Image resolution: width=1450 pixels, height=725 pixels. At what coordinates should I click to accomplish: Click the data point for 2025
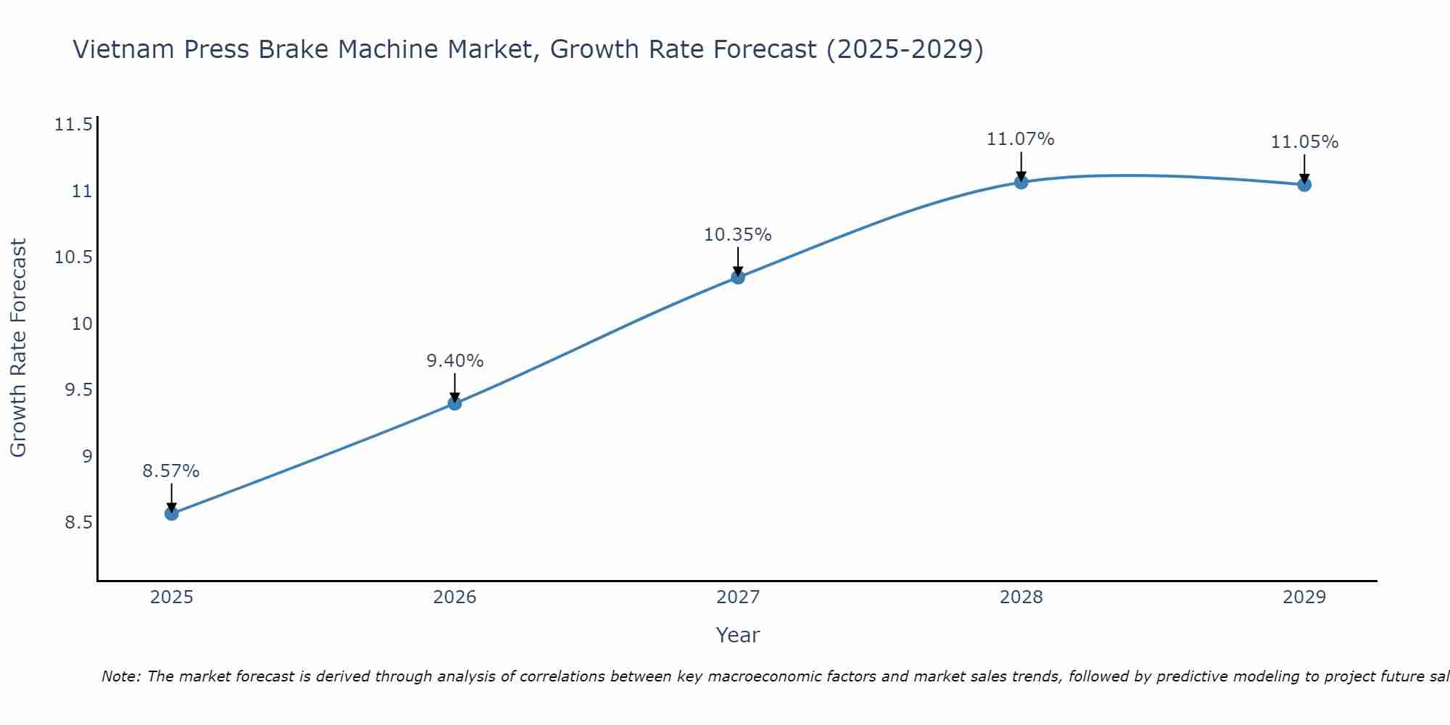(171, 513)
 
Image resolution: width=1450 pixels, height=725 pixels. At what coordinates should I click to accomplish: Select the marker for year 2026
(455, 403)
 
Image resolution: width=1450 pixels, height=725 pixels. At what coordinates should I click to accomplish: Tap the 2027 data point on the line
(738, 277)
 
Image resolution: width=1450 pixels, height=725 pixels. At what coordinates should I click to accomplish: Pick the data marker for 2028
(1021, 182)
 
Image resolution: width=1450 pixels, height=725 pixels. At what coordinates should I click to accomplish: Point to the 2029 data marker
(1304, 185)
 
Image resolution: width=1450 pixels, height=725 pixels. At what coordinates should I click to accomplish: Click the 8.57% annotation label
(171, 471)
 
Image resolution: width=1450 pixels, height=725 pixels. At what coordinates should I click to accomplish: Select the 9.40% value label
(455, 361)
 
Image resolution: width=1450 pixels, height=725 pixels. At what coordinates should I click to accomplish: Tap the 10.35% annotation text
(738, 235)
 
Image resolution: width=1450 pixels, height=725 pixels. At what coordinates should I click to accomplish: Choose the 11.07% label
(1021, 139)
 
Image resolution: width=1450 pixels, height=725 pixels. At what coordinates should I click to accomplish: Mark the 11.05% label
(1304, 142)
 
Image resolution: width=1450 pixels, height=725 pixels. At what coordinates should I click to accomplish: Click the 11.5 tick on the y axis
(74, 125)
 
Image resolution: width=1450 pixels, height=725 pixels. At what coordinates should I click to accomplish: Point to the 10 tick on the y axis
(83, 324)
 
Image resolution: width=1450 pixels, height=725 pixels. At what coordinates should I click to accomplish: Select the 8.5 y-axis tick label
(78, 523)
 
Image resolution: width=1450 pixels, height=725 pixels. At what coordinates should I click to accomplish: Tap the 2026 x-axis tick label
(455, 597)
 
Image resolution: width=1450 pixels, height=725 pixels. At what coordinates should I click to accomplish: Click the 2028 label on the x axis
(1021, 597)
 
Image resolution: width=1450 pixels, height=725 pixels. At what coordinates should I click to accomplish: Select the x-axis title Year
(738, 636)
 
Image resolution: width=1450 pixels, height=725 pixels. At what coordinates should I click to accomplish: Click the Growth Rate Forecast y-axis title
(19, 348)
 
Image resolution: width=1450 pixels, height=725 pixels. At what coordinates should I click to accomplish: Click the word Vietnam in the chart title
(123, 50)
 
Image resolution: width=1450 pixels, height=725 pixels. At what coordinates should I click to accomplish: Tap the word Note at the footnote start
(120, 676)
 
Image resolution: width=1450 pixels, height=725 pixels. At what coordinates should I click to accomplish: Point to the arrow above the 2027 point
(738, 260)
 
